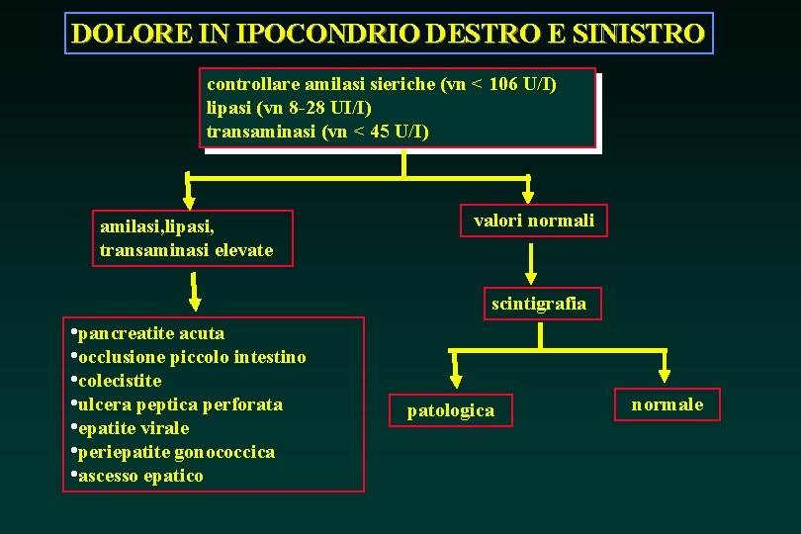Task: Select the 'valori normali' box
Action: tap(534, 221)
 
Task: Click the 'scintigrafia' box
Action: tap(539, 304)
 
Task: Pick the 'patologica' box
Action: tap(451, 409)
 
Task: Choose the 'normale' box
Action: tap(667, 403)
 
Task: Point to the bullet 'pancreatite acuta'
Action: tap(150, 333)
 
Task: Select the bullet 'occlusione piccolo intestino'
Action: tap(192, 357)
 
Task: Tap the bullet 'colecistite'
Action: tap(120, 381)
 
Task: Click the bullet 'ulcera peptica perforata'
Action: tap(180, 404)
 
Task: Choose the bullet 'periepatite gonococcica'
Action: tap(176, 452)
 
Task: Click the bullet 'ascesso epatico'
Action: tap(140, 476)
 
